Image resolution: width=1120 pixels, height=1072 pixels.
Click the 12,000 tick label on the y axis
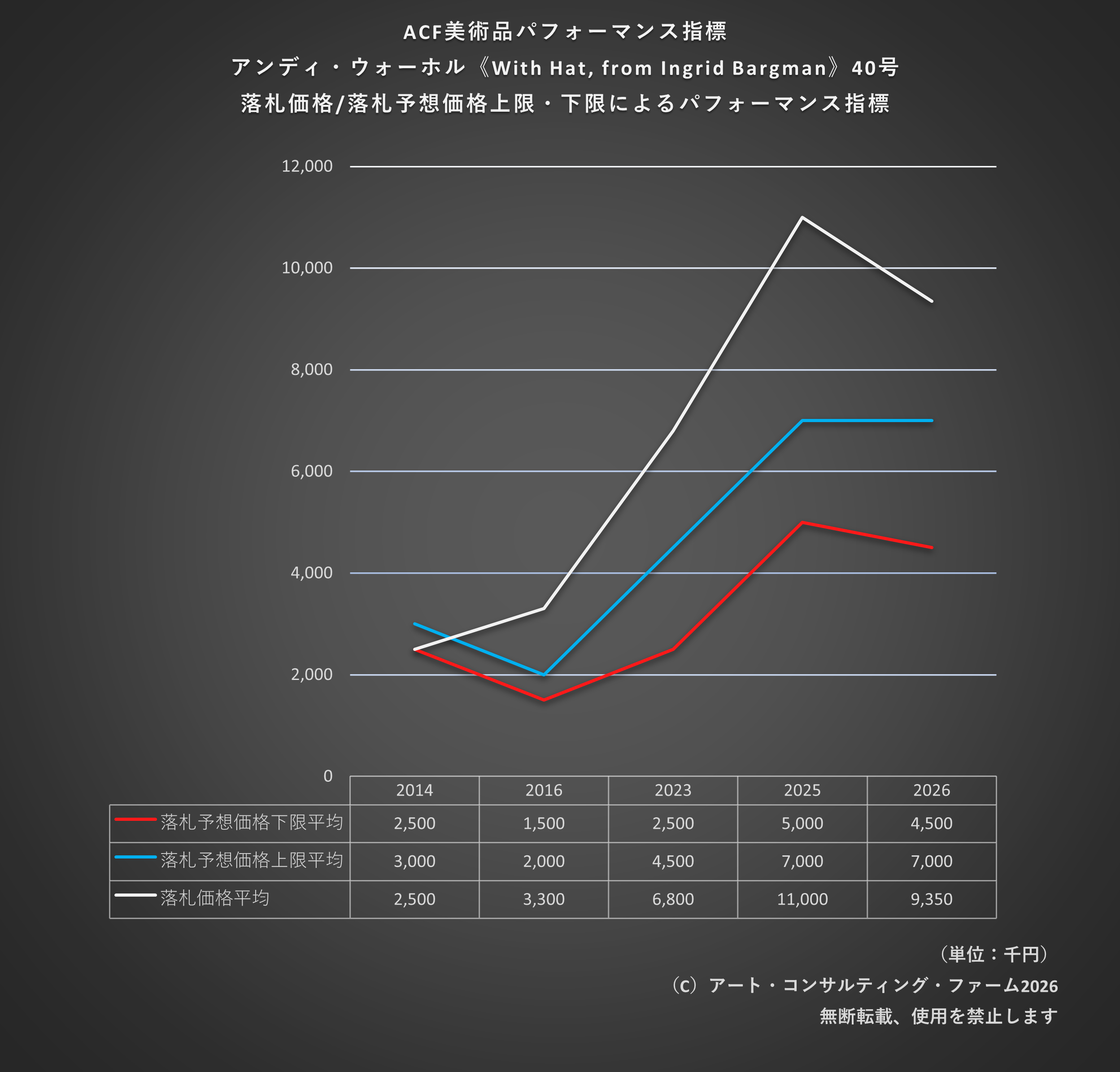pos(307,166)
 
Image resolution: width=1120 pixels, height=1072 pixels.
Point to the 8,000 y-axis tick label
pos(311,370)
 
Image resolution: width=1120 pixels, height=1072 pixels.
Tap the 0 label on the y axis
pos(328,776)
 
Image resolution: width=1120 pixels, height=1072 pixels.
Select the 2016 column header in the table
pos(544,790)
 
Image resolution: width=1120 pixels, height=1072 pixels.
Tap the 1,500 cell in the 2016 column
pos(544,824)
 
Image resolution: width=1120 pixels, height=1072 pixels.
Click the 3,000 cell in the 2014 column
pos(414,861)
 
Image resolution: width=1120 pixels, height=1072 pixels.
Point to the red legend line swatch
pos(135,819)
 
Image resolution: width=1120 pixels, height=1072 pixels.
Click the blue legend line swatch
pos(135,857)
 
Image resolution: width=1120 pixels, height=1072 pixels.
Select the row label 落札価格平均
pos(215,898)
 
